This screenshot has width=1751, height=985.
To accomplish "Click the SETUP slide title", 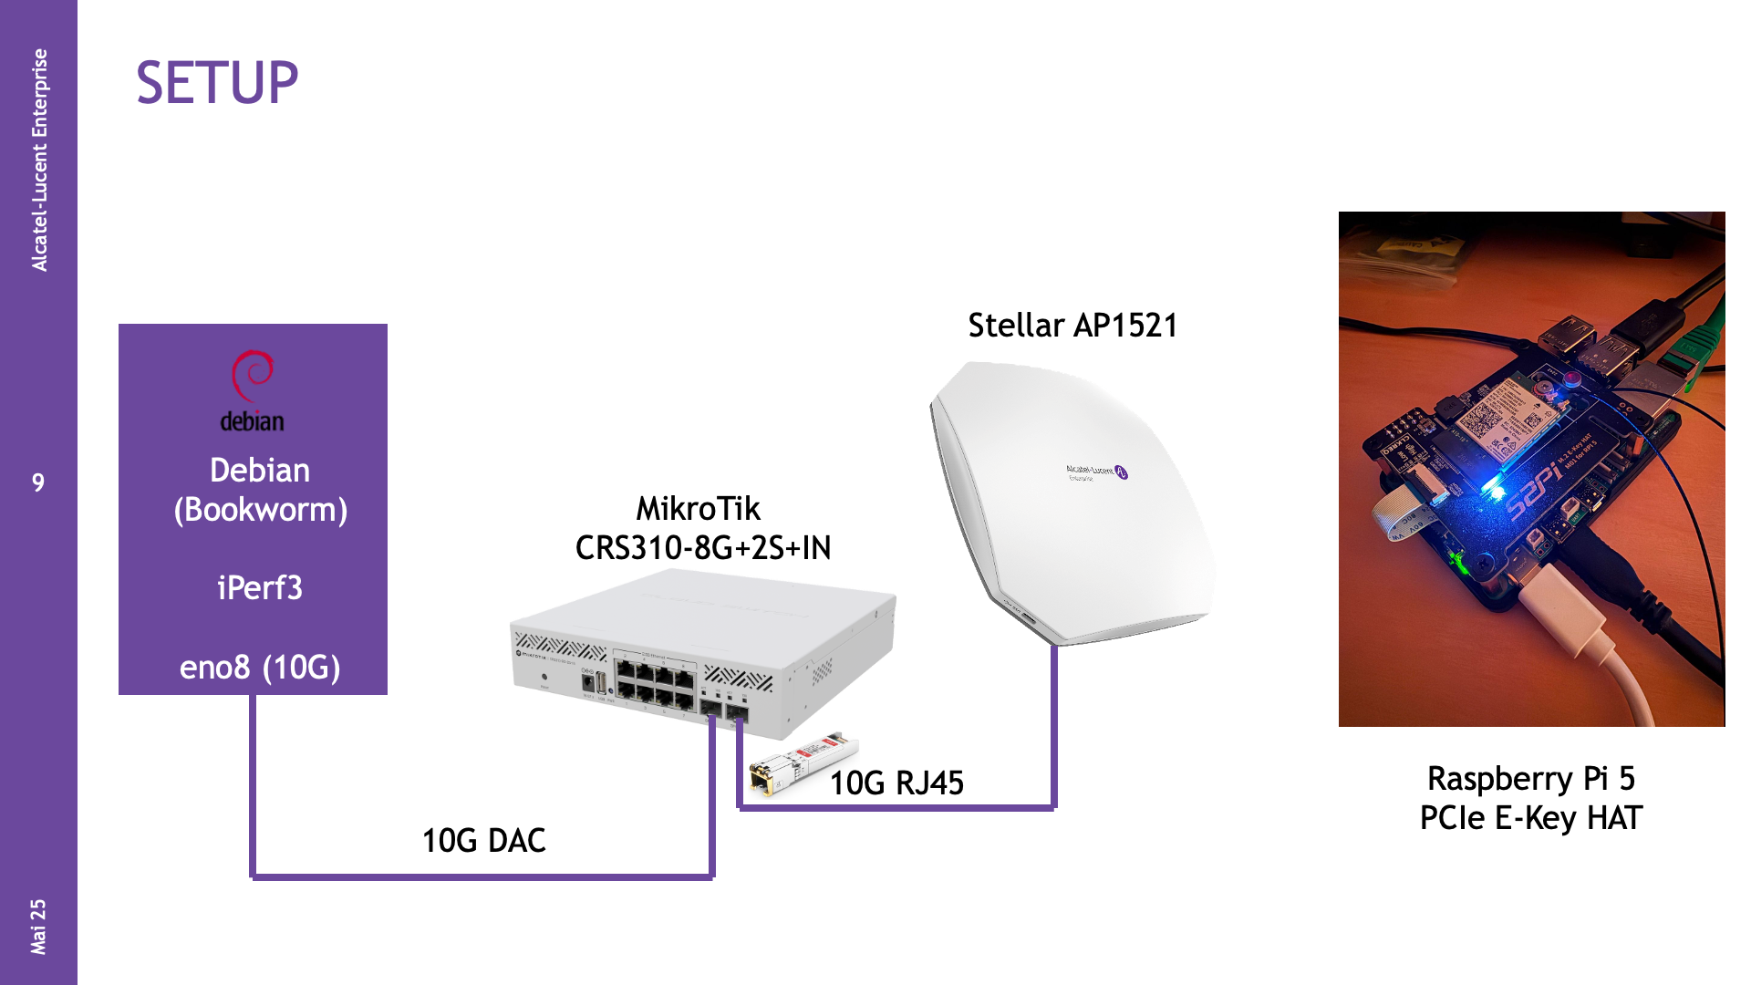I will pos(217,83).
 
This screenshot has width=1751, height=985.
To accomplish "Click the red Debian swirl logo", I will pos(252,375).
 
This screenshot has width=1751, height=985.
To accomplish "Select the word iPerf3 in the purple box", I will pos(260,588).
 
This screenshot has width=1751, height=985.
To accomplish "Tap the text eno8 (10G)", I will pos(260,668).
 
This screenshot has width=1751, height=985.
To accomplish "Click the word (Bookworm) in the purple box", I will pos(261,510).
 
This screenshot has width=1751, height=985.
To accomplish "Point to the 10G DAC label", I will pos(483,841).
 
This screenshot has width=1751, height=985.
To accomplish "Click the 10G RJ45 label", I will pos(896,783).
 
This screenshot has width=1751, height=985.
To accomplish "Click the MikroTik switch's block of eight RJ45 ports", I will pos(655,687).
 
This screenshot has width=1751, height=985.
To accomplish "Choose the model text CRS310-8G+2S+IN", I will pos(703,548).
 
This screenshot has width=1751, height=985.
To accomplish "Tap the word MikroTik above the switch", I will pos(698,509).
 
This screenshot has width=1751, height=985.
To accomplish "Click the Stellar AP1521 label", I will pos(1072,326).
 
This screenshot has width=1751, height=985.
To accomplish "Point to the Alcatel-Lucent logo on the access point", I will pos(1097,472).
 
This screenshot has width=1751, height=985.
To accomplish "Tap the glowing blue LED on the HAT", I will pos(1492,490).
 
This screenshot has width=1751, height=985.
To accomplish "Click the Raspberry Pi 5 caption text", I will pos(1531,779).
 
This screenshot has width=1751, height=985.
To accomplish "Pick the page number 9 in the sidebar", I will pos(38,482).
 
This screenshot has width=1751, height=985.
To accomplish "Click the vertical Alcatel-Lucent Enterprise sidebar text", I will pos(39,160).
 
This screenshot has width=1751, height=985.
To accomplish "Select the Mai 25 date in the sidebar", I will pos(38,927).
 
